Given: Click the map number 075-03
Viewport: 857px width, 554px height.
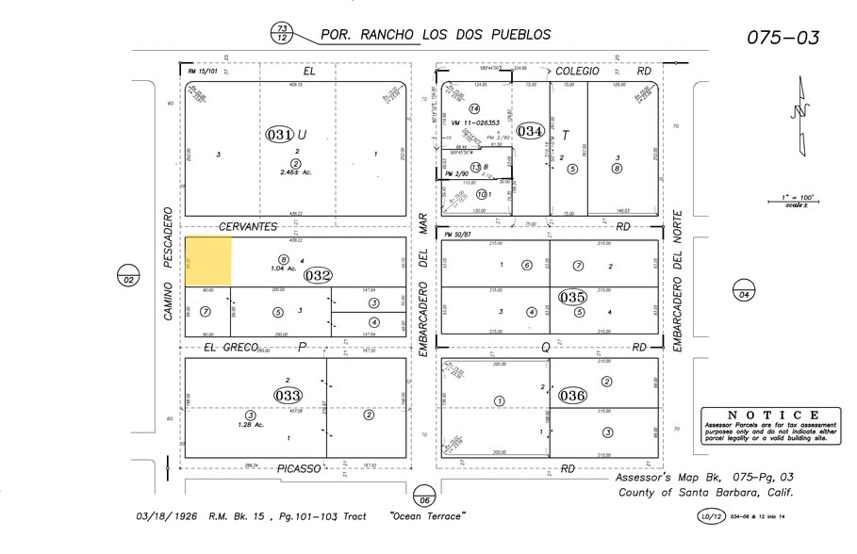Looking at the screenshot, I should coord(783,38).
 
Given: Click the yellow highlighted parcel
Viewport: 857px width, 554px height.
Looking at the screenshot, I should coord(207,261).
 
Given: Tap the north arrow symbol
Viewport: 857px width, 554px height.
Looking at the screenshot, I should coord(800,115).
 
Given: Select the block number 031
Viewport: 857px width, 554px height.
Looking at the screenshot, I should coord(282,135).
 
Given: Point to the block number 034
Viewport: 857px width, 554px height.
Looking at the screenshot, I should coord(530,131).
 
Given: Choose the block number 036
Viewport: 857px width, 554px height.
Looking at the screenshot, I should coord(572,395).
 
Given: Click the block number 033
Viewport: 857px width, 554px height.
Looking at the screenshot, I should coord(288,394).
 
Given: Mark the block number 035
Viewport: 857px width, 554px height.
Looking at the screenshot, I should coord(572,296).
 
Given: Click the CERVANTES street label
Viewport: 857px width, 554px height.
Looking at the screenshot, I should coord(248,227).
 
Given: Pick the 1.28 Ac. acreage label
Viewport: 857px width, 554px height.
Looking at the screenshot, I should coord(251,424).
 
